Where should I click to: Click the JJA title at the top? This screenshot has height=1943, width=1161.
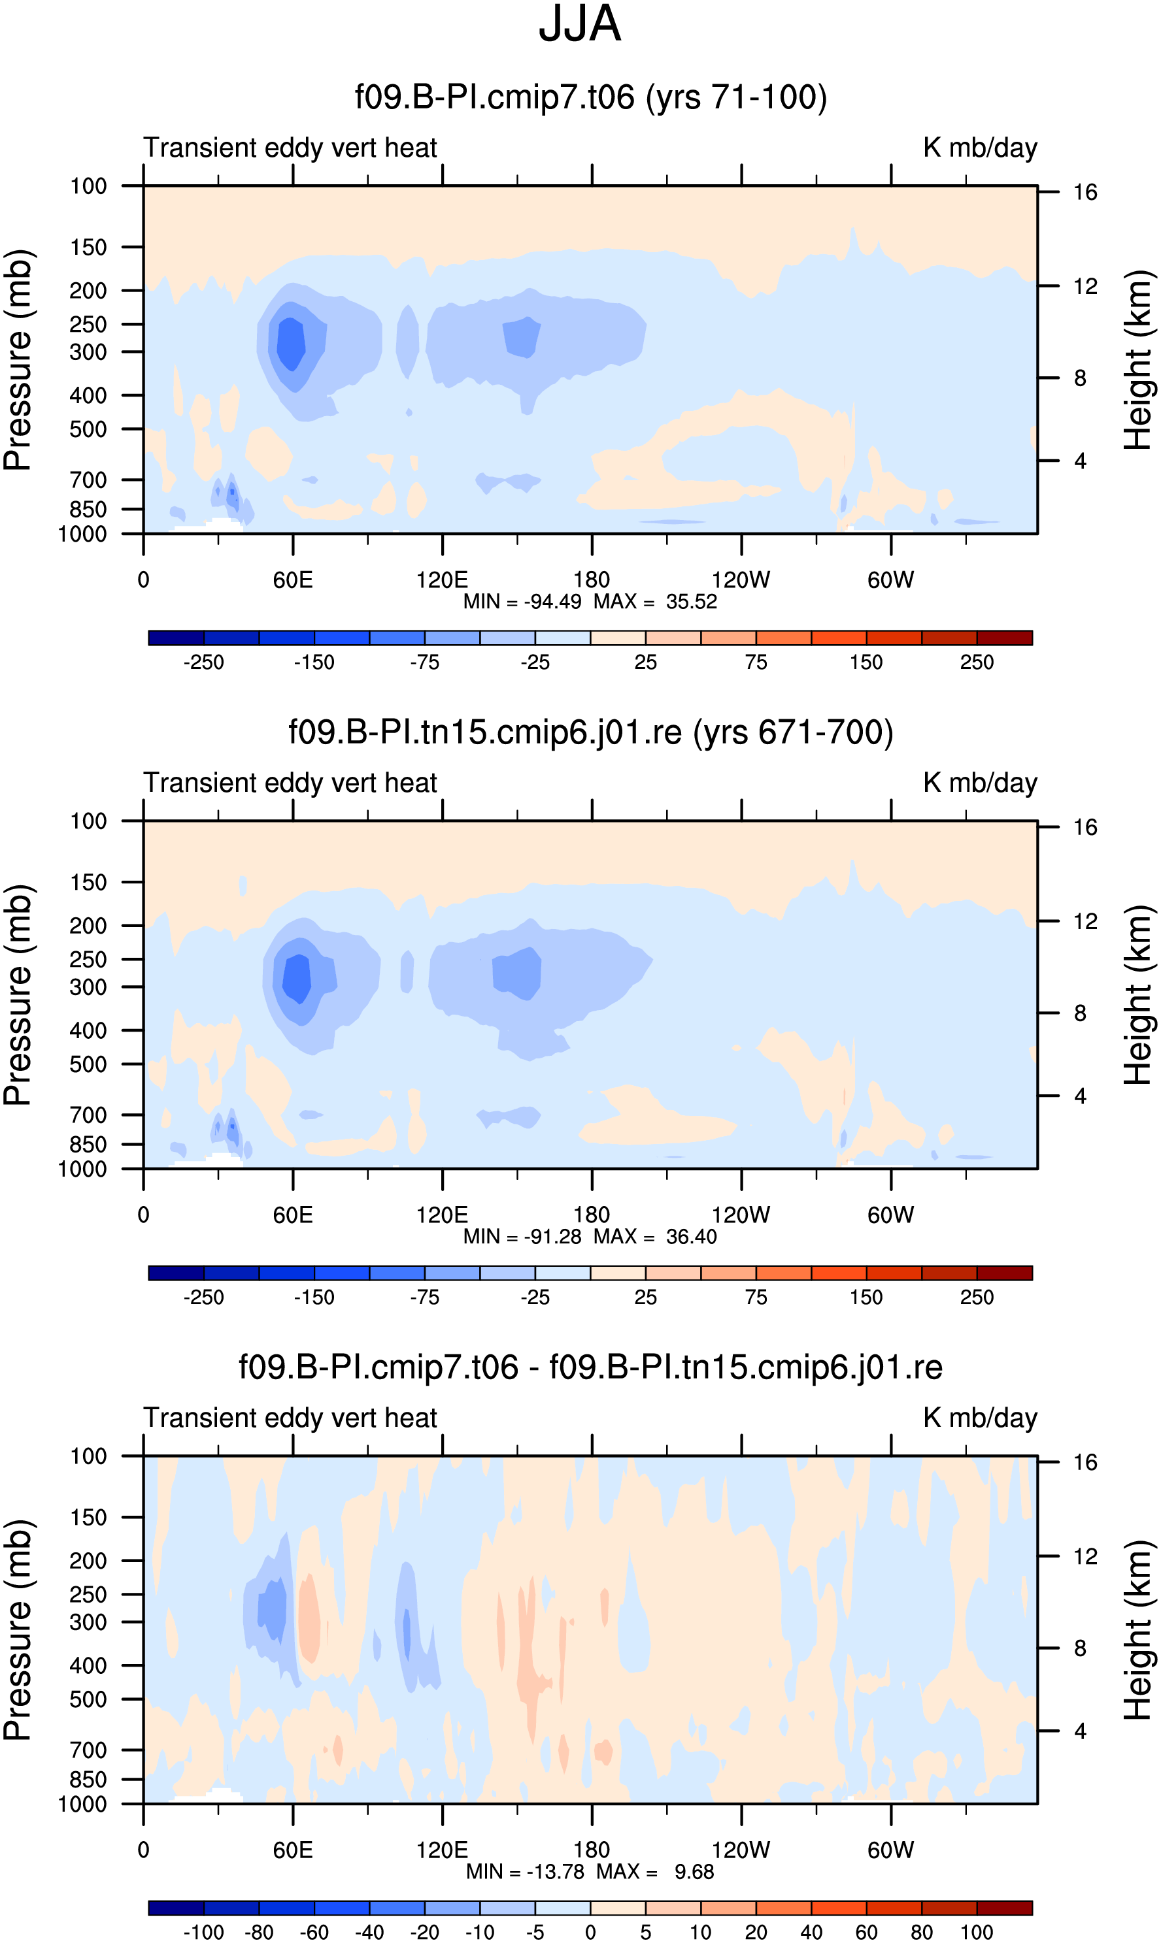pyautogui.click(x=580, y=24)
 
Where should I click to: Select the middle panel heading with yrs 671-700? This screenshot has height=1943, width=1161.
pyautogui.click(x=591, y=732)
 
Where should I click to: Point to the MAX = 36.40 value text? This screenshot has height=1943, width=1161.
pyautogui.click(x=655, y=1237)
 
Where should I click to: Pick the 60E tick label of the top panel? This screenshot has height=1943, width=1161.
pyautogui.click(x=293, y=580)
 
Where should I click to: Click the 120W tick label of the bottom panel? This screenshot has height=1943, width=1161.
pyautogui.click(x=741, y=1850)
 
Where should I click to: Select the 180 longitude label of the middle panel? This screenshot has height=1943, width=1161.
pyautogui.click(x=592, y=1215)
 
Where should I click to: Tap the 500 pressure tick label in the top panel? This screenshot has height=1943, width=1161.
pyautogui.click(x=88, y=429)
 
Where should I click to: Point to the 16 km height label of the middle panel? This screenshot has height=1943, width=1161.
pyautogui.click(x=1085, y=827)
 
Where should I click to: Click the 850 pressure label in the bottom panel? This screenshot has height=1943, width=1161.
pyautogui.click(x=88, y=1780)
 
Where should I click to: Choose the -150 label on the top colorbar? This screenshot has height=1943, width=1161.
pyautogui.click(x=314, y=662)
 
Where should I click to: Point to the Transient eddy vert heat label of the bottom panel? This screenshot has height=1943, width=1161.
pyautogui.click(x=290, y=1418)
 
